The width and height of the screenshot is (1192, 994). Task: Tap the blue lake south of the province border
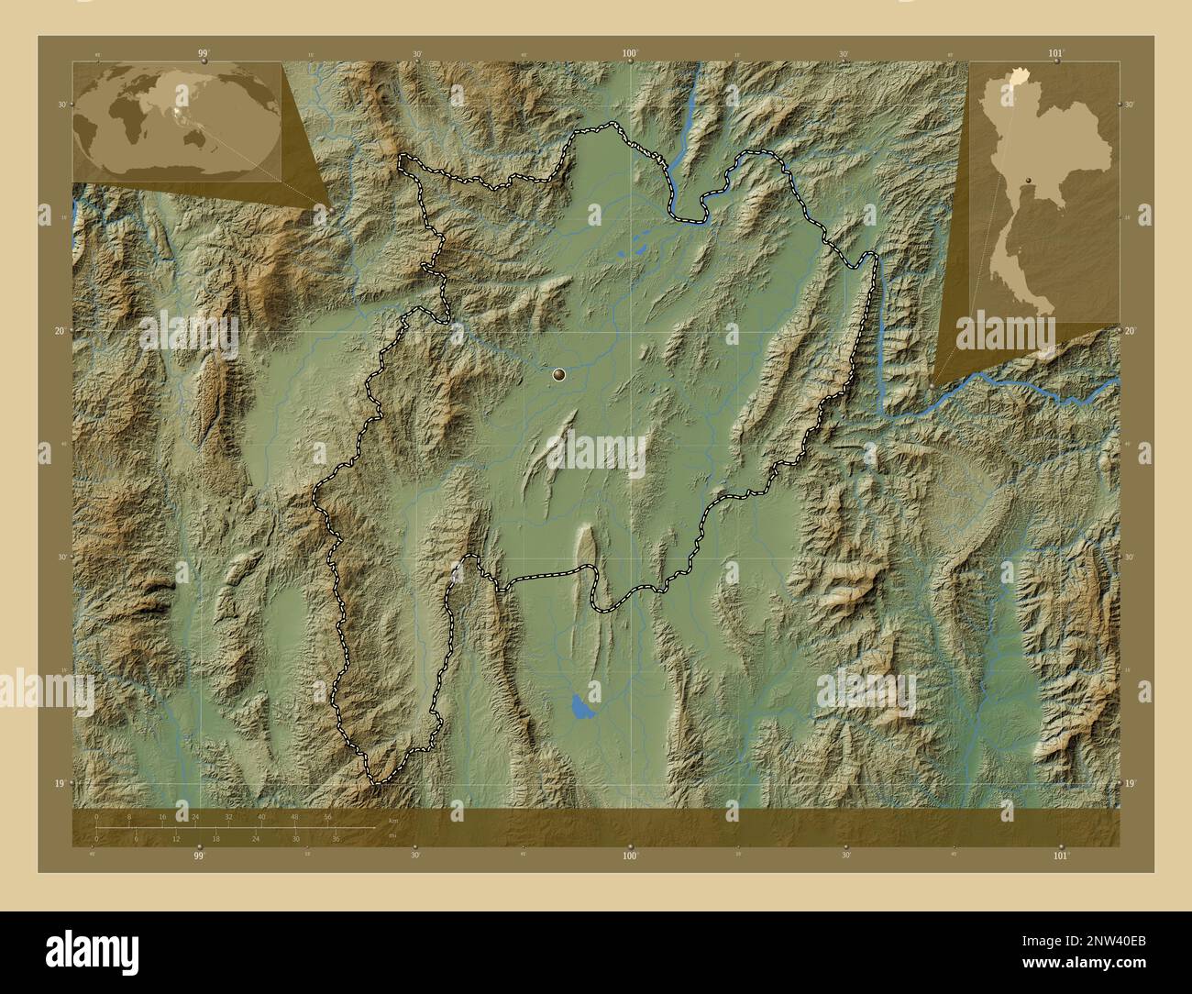[x=580, y=707]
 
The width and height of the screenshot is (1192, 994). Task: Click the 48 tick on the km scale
[x=294, y=816]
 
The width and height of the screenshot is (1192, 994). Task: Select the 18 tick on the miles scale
[x=215, y=838]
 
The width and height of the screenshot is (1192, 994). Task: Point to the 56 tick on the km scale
[x=327, y=816]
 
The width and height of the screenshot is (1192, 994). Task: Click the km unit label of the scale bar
[x=393, y=821]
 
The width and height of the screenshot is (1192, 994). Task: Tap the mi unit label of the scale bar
[x=392, y=835]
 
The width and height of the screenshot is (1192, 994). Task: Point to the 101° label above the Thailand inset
[x=1060, y=54]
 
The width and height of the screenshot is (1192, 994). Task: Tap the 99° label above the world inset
[x=203, y=54]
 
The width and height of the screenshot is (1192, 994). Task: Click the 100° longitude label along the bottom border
[x=630, y=855]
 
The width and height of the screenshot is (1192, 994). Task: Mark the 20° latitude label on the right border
[x=1131, y=331]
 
